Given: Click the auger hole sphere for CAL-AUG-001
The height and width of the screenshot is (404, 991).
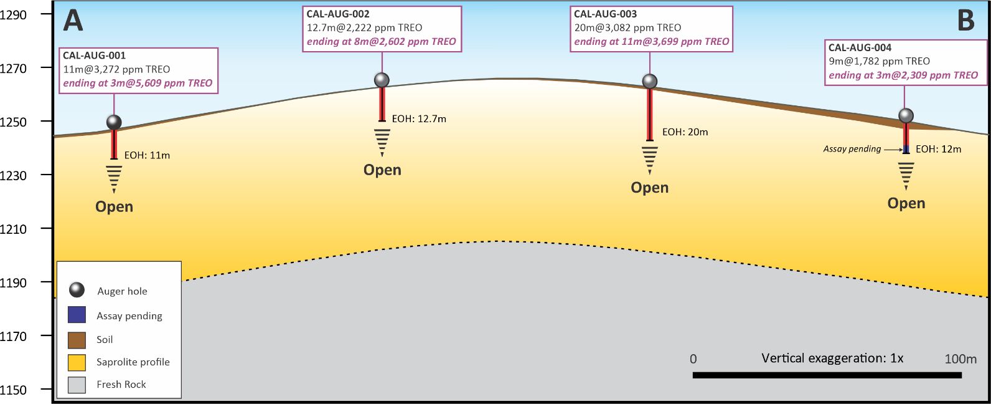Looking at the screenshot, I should click(114, 122).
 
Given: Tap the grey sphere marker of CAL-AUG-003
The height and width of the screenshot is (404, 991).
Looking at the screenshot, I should click(650, 81).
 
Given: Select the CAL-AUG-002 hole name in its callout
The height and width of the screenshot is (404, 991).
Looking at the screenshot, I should click(338, 14).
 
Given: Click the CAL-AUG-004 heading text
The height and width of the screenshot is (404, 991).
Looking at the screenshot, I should click(860, 47).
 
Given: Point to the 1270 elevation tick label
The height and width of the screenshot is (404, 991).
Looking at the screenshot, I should click(14, 68).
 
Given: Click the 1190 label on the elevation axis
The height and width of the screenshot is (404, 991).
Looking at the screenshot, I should click(14, 282).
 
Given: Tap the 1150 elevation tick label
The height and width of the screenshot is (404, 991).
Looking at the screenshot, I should click(14, 390).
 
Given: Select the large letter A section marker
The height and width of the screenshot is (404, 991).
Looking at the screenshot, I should click(73, 21).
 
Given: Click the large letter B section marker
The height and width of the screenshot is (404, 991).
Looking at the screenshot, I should click(965, 21).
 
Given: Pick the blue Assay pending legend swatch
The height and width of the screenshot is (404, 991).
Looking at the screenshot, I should click(77, 315).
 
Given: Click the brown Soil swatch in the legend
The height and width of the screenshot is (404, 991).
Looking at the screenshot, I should click(77, 339).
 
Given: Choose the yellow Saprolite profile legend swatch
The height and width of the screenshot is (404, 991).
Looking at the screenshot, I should click(77, 362).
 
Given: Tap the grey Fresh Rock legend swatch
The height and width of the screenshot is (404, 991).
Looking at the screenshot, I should click(77, 385).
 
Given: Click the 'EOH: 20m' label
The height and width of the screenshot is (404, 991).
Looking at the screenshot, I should click(685, 132).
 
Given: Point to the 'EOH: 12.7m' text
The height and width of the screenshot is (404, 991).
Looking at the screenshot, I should click(419, 118).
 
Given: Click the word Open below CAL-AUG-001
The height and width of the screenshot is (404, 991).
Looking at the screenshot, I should click(114, 207).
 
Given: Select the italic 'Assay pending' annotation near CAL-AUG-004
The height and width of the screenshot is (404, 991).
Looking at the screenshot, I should click(852, 149).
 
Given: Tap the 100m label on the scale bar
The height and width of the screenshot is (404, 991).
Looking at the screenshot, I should click(960, 358).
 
